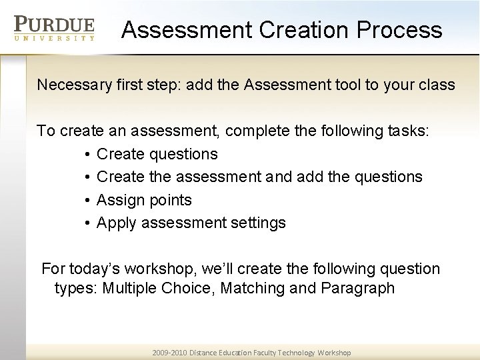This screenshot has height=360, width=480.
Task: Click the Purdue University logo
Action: click(x=55, y=29)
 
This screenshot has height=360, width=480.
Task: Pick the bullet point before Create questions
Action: click(x=88, y=155)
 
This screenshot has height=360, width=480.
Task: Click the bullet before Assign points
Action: click(x=88, y=201)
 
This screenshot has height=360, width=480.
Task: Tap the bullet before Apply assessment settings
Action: click(x=88, y=223)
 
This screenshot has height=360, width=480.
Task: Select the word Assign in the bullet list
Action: click(x=119, y=200)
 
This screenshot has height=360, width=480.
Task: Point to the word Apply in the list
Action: click(x=116, y=223)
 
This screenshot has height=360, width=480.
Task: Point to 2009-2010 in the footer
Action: click(x=170, y=353)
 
